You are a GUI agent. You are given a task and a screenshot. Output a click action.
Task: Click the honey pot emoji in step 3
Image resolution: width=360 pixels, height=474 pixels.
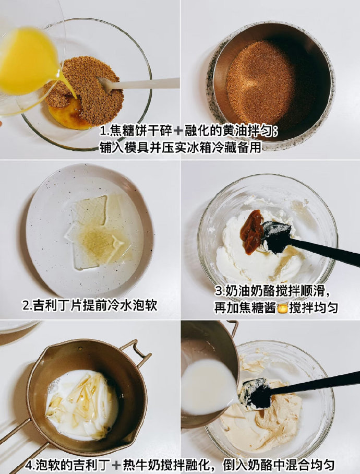point(282,308)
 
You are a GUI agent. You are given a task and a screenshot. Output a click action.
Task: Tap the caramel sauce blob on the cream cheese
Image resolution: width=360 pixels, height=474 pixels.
point(252,231)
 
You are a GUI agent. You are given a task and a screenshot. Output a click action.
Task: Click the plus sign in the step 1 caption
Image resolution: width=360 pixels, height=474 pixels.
point(178,131)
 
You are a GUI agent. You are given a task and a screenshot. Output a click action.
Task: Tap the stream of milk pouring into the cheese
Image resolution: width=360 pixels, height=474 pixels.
point(208,387)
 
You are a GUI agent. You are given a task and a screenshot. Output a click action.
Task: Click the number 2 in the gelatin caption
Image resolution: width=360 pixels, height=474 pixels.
point(26,305)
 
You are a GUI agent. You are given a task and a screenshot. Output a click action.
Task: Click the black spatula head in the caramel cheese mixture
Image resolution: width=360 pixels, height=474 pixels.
point(257,394)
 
